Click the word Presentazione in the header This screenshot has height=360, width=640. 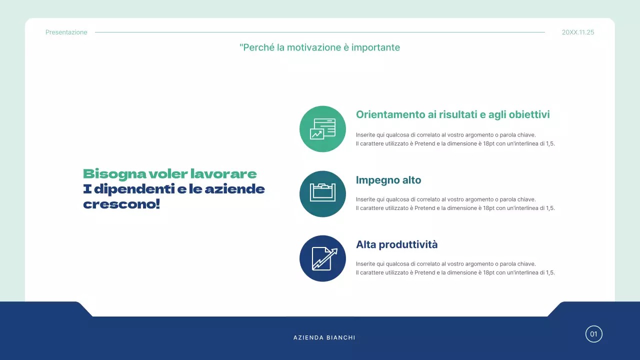pos(66,32)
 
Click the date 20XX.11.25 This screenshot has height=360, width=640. pos(578,32)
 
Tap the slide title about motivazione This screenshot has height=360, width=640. pos(319,47)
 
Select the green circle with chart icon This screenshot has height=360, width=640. pos(322,129)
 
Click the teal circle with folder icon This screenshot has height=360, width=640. pos(322,194)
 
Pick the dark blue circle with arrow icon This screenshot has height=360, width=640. pos(322,258)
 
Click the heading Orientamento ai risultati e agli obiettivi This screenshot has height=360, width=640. pos(452,114)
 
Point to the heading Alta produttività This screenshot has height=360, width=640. pos(396,244)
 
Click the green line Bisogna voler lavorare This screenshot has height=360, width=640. pos(169,174)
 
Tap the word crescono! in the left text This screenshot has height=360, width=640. pos(121,204)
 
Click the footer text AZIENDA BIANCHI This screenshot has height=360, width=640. pos(324,337)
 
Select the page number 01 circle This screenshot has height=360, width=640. pos(593,334)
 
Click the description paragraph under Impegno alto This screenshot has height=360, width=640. pos(455,203)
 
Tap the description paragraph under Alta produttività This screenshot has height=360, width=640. pos(455,268)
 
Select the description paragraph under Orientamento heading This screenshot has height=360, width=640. pos(455,139)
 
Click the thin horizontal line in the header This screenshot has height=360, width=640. pos(320,32)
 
